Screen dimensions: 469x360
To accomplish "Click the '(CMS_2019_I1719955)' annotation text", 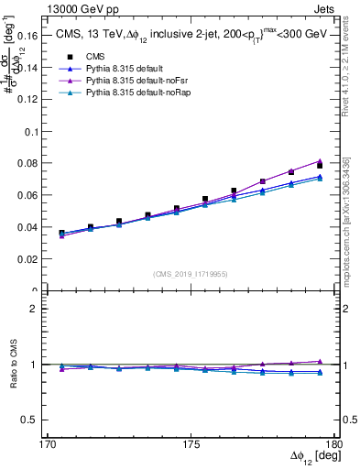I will (191, 273).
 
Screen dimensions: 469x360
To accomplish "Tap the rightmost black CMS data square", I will (320, 166).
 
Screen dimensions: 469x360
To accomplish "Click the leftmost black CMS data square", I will (61, 234).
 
